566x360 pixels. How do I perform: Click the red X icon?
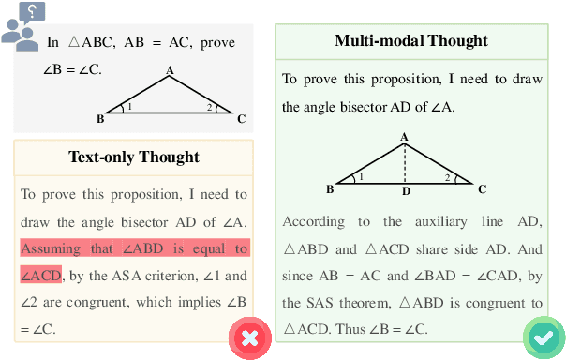[250, 337]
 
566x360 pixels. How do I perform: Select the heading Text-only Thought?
[133, 157]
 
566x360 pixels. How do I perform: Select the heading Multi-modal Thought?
[411, 40]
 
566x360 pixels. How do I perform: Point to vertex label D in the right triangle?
[405, 193]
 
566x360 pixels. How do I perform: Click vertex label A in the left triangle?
[170, 70]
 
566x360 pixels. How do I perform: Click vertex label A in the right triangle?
[404, 137]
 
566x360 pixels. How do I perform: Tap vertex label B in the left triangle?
[100, 119]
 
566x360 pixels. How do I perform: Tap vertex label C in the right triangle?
[482, 189]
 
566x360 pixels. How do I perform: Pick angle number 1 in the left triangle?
[129, 107]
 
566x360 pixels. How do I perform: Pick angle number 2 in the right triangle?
[448, 177]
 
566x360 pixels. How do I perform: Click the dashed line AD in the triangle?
[404, 164]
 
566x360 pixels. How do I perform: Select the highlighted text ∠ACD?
[40, 276]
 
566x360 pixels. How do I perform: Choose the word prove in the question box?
[215, 43]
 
